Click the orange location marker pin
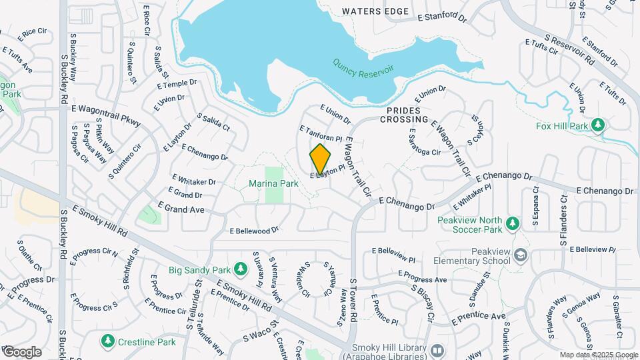tap(320, 159)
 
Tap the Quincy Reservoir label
tap(363, 68)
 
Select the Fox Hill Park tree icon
tap(598, 125)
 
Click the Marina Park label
tap(273, 183)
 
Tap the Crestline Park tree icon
tap(107, 341)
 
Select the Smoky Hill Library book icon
tap(437, 349)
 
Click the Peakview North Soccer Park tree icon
tap(512, 223)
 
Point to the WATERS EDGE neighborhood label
tap(375, 11)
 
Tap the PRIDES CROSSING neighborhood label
tap(404, 115)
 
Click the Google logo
tap(21, 351)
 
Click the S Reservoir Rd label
tap(569, 49)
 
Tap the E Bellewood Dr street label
tap(253, 231)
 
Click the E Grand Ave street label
tap(181, 209)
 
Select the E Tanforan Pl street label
tap(320, 133)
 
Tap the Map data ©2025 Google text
tap(598, 355)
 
